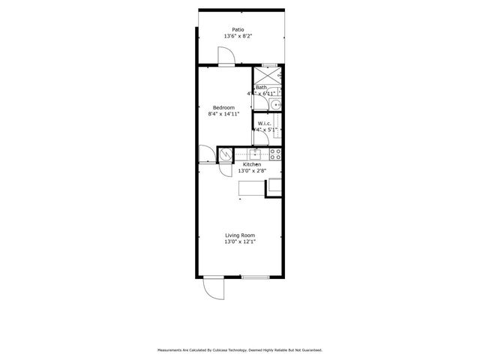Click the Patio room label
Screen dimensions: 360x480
coord(237,29)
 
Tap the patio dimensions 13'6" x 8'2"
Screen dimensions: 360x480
coord(237,36)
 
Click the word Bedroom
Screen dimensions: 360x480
coord(223,107)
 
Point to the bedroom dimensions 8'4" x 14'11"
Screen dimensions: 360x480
coord(223,114)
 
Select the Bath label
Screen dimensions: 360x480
coord(262,88)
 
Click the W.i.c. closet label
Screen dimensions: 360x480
coord(265,122)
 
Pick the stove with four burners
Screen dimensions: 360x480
coord(275,154)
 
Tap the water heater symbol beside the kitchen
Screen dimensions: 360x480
coord(224,154)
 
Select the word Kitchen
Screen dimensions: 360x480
coord(252,164)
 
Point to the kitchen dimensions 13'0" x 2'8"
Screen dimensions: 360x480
coord(252,171)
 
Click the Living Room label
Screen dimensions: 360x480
coord(240,235)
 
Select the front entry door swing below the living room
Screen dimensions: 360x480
coord(212,289)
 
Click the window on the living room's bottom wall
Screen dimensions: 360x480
coord(255,277)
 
